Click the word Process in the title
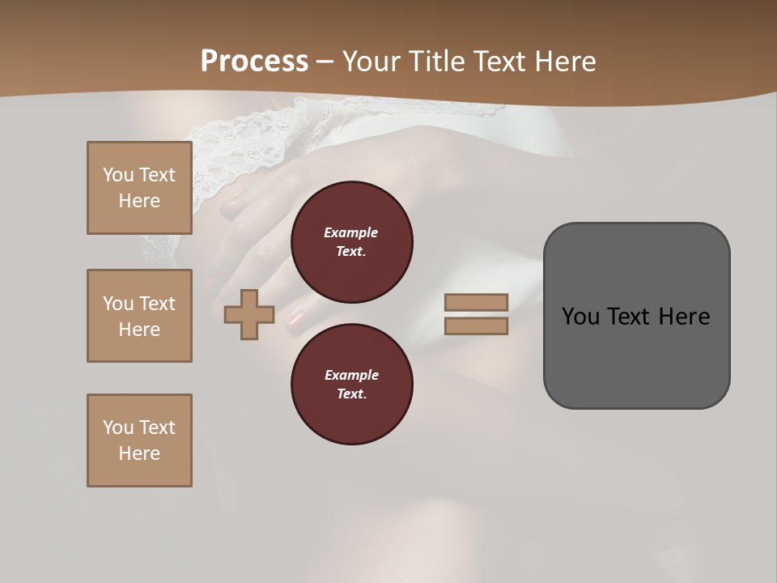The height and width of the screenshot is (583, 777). pyautogui.click(x=254, y=62)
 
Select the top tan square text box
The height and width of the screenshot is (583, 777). pyautogui.click(x=139, y=188)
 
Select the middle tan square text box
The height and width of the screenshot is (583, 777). pyautogui.click(x=139, y=316)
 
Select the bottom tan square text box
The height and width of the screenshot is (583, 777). pyautogui.click(x=139, y=440)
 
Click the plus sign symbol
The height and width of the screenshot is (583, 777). pyautogui.click(x=249, y=314)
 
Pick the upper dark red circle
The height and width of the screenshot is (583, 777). pyautogui.click(x=352, y=242)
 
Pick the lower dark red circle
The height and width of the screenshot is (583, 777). pyautogui.click(x=352, y=385)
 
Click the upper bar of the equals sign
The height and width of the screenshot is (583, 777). pyautogui.click(x=476, y=302)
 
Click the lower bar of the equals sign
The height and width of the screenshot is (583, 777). pyautogui.click(x=476, y=326)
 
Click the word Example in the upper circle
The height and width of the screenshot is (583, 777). pyautogui.click(x=351, y=232)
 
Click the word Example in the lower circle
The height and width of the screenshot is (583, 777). pyautogui.click(x=351, y=375)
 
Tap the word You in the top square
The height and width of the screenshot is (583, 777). pyautogui.click(x=117, y=175)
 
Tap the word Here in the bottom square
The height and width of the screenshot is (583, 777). pyautogui.click(x=139, y=453)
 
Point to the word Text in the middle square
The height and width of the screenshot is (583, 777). pyautogui.click(x=156, y=304)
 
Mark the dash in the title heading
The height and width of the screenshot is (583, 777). pyautogui.click(x=325, y=62)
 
